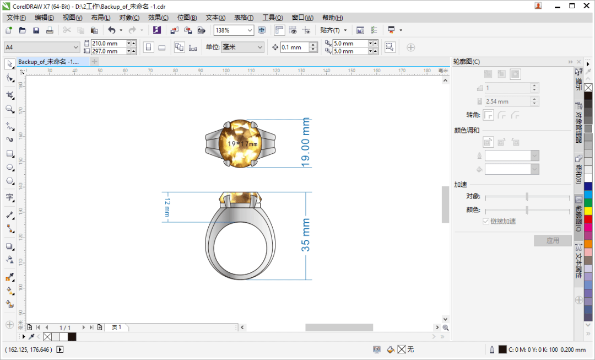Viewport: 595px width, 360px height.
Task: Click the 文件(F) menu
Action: pyautogui.click(x=16, y=18)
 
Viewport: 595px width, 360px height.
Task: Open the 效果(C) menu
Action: pyautogui.click(x=158, y=18)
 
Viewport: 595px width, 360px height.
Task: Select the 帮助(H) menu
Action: pyautogui.click(x=332, y=18)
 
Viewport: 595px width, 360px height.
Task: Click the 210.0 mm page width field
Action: pyautogui.click(x=108, y=43)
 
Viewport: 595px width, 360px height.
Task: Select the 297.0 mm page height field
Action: pyautogui.click(x=108, y=51)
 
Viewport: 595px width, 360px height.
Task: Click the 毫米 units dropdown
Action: pyautogui.click(x=242, y=47)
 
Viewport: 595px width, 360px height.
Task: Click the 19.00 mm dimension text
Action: pyautogui.click(x=306, y=142)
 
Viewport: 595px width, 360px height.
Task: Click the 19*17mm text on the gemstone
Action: pyautogui.click(x=242, y=144)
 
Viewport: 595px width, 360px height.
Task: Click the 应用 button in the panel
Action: pyautogui.click(x=553, y=240)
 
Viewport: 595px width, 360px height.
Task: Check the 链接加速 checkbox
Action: pyautogui.click(x=486, y=221)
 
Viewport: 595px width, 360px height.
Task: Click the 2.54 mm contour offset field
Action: pyautogui.click(x=507, y=101)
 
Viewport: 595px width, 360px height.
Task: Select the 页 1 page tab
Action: pyautogui.click(x=116, y=327)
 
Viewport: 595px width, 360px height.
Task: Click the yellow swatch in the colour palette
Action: pyautogui.click(x=588, y=211)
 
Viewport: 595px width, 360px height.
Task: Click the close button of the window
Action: pyautogui.click(x=586, y=6)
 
